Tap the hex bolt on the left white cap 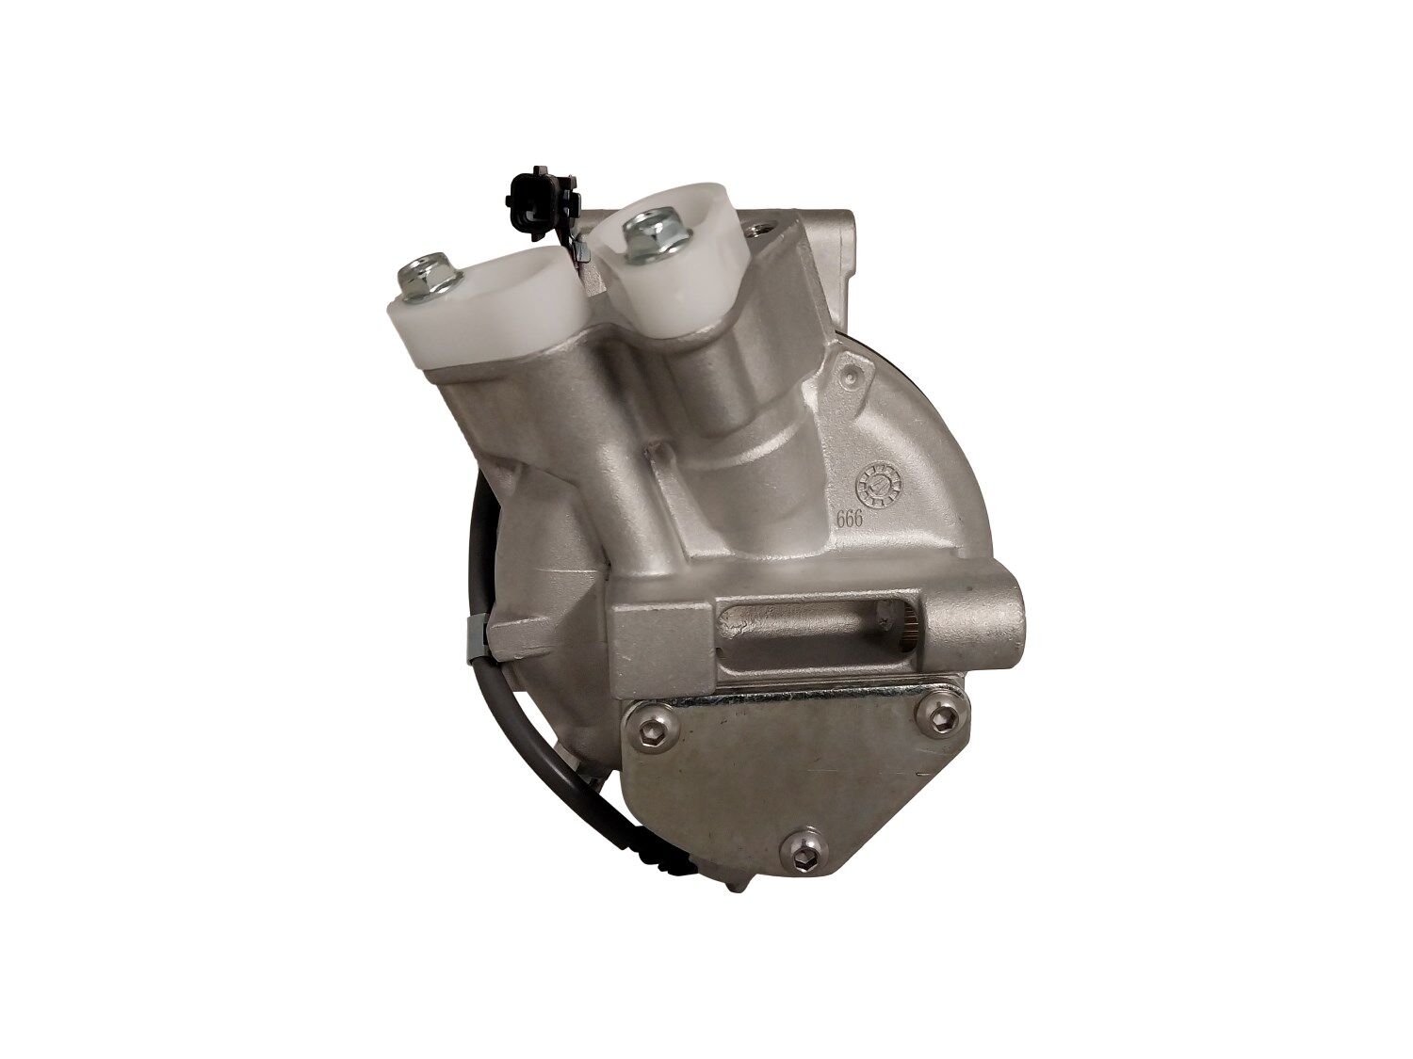coord(426,280)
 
